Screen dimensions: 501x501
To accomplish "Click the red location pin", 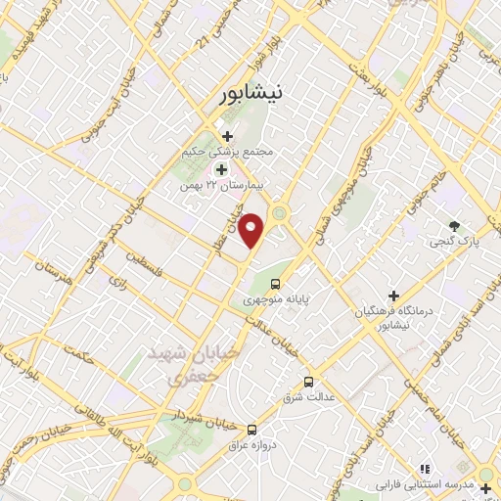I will (251, 231).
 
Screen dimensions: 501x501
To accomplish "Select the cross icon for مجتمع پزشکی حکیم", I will (227, 136).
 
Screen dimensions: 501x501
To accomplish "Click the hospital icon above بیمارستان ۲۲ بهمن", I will (220, 169).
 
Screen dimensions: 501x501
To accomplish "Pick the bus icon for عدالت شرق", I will (309, 382).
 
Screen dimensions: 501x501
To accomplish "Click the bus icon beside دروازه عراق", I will (252, 429).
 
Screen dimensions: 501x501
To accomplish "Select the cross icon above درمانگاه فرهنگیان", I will (393, 296).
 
